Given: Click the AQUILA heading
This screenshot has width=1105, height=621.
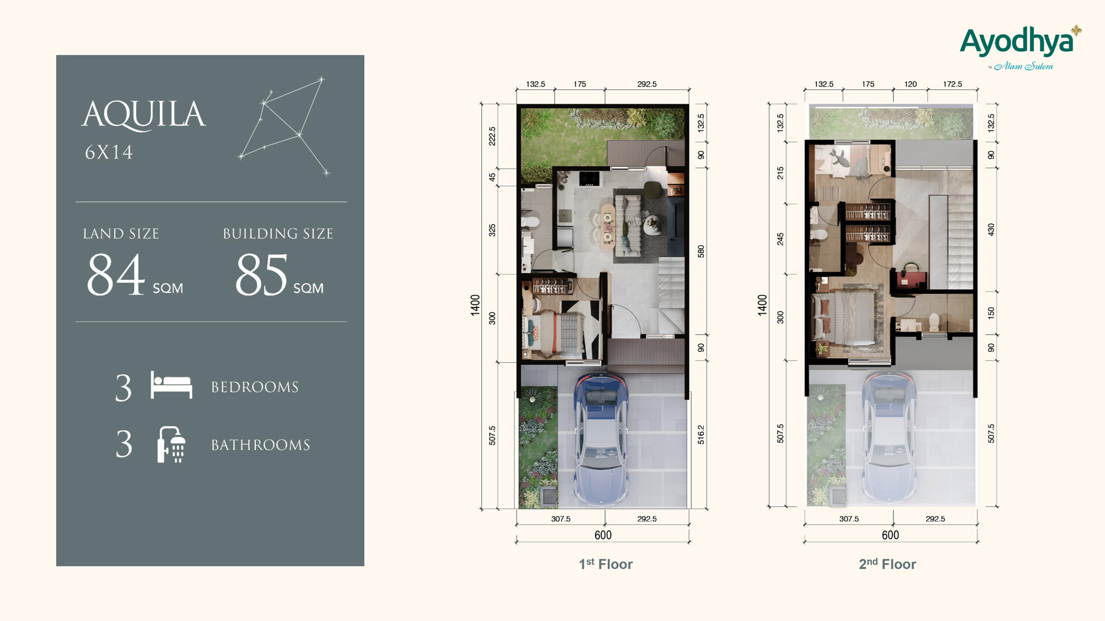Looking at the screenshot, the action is [144, 115].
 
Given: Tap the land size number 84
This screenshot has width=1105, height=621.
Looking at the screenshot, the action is [116, 274].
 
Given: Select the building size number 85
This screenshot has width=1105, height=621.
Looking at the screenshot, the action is [261, 274].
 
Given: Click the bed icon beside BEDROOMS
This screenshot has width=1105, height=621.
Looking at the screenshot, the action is [171, 385].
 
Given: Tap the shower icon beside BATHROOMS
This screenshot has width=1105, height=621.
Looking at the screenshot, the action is [171, 444].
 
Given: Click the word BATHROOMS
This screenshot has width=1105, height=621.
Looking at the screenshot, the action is [261, 445].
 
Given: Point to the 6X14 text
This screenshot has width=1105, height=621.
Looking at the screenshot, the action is [109, 152].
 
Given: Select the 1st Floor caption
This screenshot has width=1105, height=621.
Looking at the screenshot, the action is [606, 564].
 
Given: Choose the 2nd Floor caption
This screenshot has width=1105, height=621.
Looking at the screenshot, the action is [887, 564].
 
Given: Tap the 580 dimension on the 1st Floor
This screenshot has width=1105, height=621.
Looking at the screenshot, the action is [701, 252].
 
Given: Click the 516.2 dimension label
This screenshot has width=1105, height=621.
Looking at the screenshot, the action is [701, 434].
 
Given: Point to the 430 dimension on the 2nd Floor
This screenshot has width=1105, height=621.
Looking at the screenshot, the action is [991, 230].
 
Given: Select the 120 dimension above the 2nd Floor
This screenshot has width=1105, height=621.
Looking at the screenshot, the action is [911, 84].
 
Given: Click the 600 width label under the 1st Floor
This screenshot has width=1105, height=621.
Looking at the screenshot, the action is [603, 535].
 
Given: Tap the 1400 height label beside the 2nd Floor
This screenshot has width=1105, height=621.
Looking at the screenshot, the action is [762, 305].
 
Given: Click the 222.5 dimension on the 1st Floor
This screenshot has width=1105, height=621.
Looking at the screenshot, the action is [492, 136].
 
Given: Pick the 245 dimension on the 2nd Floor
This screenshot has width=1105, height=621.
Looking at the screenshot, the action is [781, 239].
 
